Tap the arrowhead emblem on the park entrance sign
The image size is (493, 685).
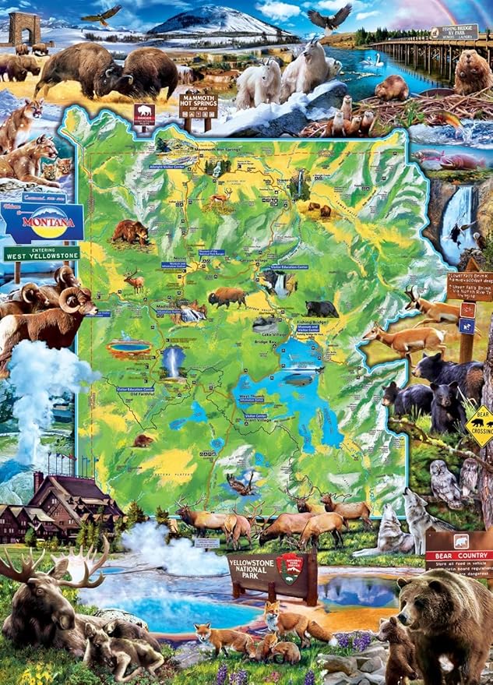coord(290,564)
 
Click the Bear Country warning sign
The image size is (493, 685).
coord(460,550)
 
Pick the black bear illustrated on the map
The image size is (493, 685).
coord(321,309)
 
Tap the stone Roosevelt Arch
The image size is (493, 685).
coord(23,28)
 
